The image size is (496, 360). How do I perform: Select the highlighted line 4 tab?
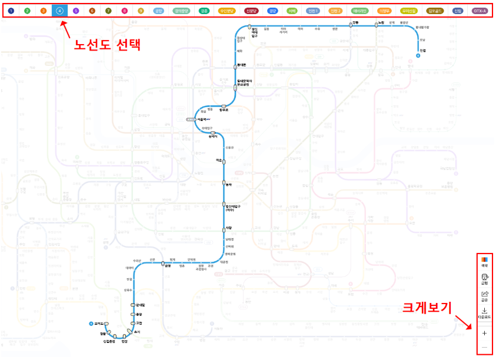(x=59, y=11)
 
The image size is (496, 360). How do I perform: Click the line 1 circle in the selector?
(x=11, y=11)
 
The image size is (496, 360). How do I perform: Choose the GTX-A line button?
(x=480, y=11)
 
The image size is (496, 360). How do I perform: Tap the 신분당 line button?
(x=251, y=11)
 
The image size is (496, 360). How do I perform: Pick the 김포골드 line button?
(x=435, y=11)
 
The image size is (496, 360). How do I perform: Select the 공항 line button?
(x=158, y=11)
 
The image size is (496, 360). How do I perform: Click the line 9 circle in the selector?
(x=141, y=11)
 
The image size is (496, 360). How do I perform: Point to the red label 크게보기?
(x=427, y=307)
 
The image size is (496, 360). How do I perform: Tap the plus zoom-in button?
(x=484, y=333)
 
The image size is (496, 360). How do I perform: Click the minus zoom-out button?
(x=484, y=348)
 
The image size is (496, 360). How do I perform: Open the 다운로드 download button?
(x=484, y=312)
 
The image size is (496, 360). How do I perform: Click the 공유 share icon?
(x=484, y=295)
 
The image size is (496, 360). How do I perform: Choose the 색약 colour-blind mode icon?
(x=484, y=261)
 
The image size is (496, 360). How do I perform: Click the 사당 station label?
(x=228, y=228)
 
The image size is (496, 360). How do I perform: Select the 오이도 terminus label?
(x=98, y=324)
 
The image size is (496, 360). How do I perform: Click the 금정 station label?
(x=168, y=266)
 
